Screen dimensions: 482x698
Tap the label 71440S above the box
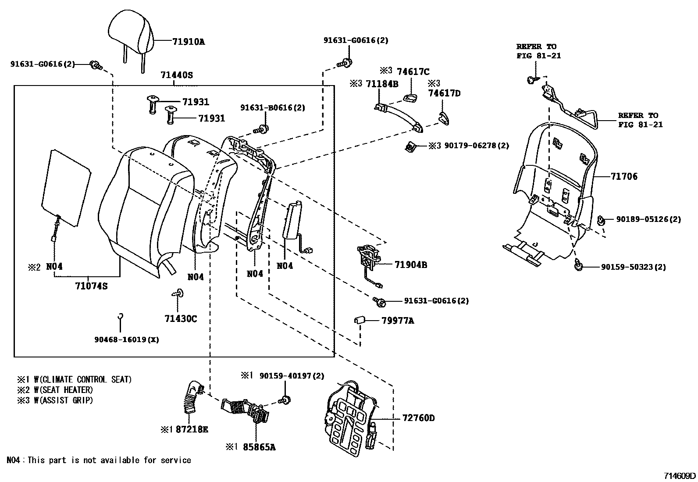pos(176,75)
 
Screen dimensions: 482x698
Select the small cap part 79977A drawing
pos(360,321)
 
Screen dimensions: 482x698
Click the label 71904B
pos(410,265)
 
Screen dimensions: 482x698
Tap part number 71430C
pos(181,319)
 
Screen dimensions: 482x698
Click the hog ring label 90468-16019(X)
pos(126,339)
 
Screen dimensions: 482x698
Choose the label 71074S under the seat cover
pos(91,286)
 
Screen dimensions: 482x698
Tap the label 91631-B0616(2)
pos(272,108)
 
